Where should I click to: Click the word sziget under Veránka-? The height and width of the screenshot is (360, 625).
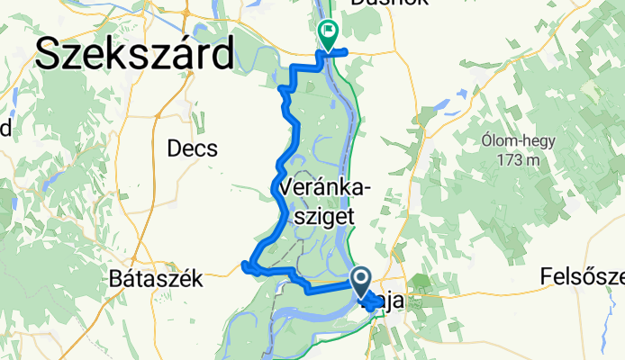click(318, 216)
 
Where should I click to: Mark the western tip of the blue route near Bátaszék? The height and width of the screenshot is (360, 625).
click(244, 264)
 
